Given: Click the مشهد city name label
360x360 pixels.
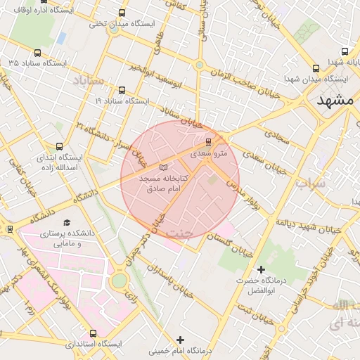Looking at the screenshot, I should pos(334,100).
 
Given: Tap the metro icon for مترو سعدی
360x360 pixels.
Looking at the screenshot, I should pos(207,142).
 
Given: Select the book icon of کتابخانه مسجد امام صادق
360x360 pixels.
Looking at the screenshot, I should pos(164,168).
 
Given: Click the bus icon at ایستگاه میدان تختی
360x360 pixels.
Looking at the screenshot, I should pos(122,13).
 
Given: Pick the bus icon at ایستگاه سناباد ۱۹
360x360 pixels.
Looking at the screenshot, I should pos(122,90).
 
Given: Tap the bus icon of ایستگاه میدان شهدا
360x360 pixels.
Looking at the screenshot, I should pos(315,68).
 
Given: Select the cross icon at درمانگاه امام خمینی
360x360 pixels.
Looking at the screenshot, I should pos(181,340).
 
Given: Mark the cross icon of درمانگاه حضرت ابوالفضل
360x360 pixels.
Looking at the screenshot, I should pos(261,269).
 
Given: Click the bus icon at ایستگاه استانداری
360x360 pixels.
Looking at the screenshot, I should pos(93,333).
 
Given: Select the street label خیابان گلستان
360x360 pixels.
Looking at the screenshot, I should pos(232,245).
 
